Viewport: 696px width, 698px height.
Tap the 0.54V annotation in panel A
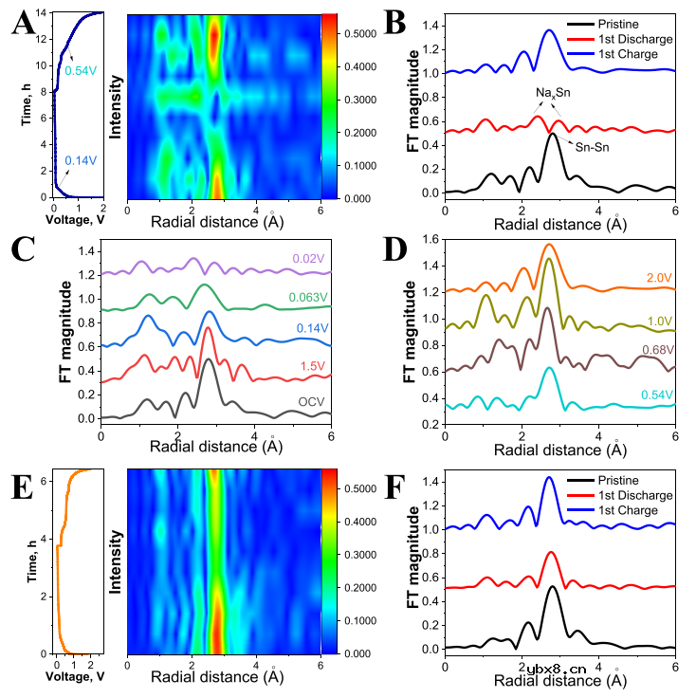80,69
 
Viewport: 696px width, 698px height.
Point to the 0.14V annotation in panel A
80,160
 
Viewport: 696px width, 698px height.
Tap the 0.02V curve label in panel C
308,256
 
